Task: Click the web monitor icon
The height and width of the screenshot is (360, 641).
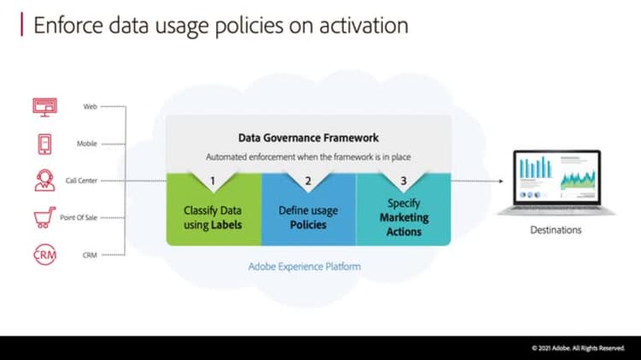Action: [x=45, y=107]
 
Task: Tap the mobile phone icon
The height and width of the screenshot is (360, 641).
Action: [x=44, y=144]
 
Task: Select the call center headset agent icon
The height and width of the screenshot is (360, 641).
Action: [x=44, y=180]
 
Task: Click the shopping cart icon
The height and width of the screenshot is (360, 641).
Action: [x=44, y=217]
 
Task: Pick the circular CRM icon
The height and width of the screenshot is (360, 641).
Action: [x=44, y=255]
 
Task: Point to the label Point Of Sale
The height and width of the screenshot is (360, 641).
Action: [x=79, y=218]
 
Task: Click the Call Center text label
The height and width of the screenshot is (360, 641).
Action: [x=81, y=180]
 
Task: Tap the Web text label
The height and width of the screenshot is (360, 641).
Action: [x=90, y=106]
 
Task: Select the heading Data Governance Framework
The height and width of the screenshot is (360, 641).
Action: [x=309, y=138]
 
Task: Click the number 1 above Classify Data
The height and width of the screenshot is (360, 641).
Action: [x=213, y=180]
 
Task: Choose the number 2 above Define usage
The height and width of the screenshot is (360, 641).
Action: [x=309, y=180]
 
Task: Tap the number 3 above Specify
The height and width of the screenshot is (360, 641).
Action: [x=403, y=180]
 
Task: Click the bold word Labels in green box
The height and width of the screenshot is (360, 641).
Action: [x=226, y=225]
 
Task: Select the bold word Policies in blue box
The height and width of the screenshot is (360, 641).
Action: [x=309, y=225]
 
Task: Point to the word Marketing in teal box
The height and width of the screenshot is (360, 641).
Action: [x=404, y=218]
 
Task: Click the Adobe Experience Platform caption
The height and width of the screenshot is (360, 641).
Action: [x=304, y=267]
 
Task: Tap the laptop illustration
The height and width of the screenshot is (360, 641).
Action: [x=556, y=182]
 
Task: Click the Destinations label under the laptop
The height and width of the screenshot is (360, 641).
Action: [x=556, y=230]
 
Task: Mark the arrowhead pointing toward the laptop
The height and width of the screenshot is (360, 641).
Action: [x=501, y=180]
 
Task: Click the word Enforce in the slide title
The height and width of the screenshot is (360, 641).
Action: [x=68, y=26]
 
